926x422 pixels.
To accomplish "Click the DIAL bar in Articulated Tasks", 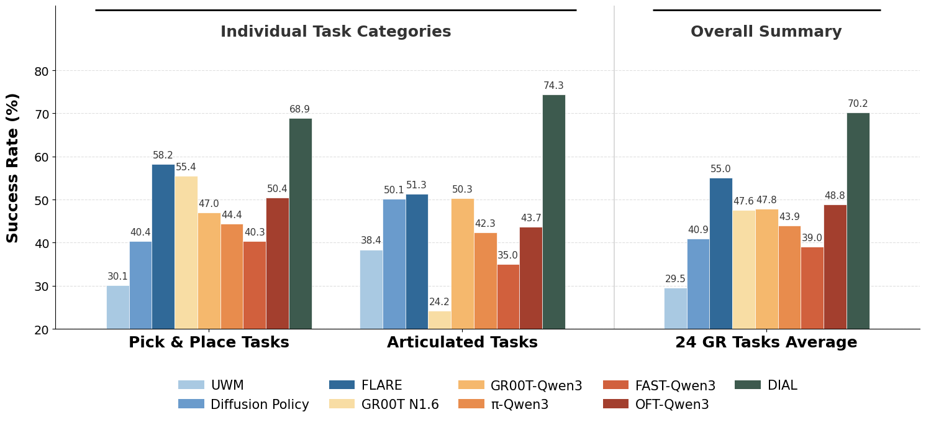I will (553, 211).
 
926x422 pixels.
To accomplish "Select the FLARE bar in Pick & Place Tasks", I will (163, 246).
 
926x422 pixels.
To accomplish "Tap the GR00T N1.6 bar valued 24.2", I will (439, 319).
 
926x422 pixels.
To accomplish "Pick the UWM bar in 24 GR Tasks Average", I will (675, 308).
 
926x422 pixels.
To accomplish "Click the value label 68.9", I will (299, 109).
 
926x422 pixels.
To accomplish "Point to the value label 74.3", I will (553, 86).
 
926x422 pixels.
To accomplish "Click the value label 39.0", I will (812, 238).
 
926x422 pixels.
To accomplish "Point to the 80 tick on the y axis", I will (41, 71).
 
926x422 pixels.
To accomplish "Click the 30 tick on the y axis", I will (41, 287).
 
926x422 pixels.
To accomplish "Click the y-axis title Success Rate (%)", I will (13, 168).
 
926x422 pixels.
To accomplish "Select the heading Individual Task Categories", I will (335, 32).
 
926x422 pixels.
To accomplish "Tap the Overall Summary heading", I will (766, 32).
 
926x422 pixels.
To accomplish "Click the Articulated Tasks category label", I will (462, 342).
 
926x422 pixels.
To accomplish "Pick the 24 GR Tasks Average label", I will (766, 342).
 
